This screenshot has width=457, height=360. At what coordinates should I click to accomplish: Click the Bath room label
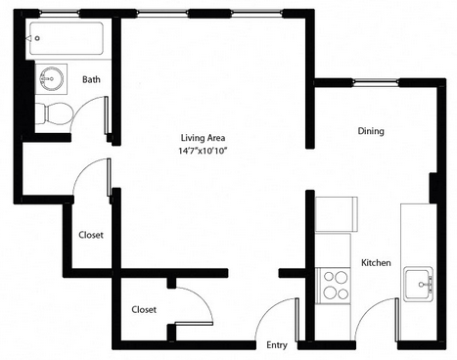pyautogui.click(x=91, y=79)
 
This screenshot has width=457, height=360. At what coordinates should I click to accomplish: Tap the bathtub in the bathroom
pyautogui.click(x=67, y=38)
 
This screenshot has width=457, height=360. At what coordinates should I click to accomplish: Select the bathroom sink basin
pyautogui.click(x=51, y=78)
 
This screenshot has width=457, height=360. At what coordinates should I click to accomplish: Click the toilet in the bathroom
pyautogui.click(x=54, y=113)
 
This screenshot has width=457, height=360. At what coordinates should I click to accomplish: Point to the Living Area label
pyautogui.click(x=203, y=138)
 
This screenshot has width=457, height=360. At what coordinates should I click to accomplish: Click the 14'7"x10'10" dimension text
pyautogui.click(x=203, y=151)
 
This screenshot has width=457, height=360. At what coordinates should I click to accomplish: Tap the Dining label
pyautogui.click(x=371, y=131)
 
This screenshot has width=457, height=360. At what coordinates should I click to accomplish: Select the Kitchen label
pyautogui.click(x=376, y=262)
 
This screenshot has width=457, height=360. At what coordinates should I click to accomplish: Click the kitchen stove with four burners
pyautogui.click(x=333, y=286)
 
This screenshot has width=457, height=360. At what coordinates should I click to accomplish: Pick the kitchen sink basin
pyautogui.click(x=419, y=284)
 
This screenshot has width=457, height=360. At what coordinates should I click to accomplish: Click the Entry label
pyautogui.click(x=277, y=345)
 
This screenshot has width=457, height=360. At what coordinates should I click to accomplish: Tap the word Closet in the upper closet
pyautogui.click(x=91, y=235)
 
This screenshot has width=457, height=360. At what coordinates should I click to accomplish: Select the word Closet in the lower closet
pyautogui.click(x=144, y=309)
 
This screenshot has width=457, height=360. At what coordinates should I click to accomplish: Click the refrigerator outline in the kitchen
pyautogui.click(x=337, y=214)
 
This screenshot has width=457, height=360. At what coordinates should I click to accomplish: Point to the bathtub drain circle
pyautogui.click(x=37, y=38)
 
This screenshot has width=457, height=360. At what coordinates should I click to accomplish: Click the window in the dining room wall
pyautogui.click(x=376, y=82)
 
